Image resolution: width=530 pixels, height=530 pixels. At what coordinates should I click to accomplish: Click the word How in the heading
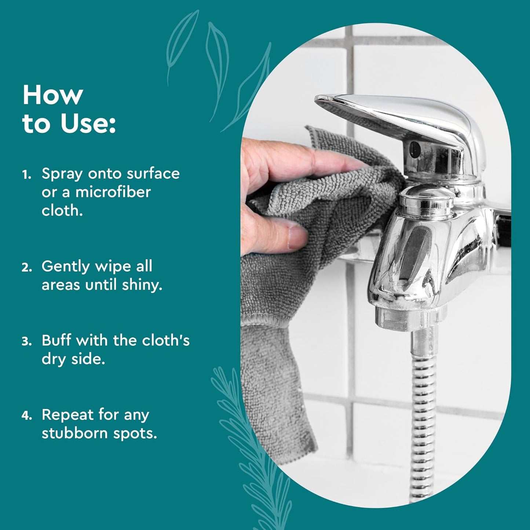tap(52, 95)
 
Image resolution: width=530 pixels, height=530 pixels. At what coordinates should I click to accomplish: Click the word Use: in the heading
tap(88, 124)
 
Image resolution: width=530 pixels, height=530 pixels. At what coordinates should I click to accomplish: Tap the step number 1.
tap(26, 175)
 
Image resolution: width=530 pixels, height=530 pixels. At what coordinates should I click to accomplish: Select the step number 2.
tap(26, 268)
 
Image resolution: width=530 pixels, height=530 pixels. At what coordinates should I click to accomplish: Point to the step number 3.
tap(26, 342)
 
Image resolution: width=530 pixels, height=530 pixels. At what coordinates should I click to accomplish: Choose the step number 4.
tap(26, 416)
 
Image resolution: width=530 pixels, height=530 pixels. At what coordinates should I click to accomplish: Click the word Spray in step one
tap(62, 174)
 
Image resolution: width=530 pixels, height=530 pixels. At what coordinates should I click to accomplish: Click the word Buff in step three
tap(56, 340)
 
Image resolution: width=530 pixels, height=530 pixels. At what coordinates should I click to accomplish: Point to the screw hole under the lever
tap(414, 149)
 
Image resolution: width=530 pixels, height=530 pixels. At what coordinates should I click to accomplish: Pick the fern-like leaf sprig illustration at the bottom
tap(253, 458)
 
